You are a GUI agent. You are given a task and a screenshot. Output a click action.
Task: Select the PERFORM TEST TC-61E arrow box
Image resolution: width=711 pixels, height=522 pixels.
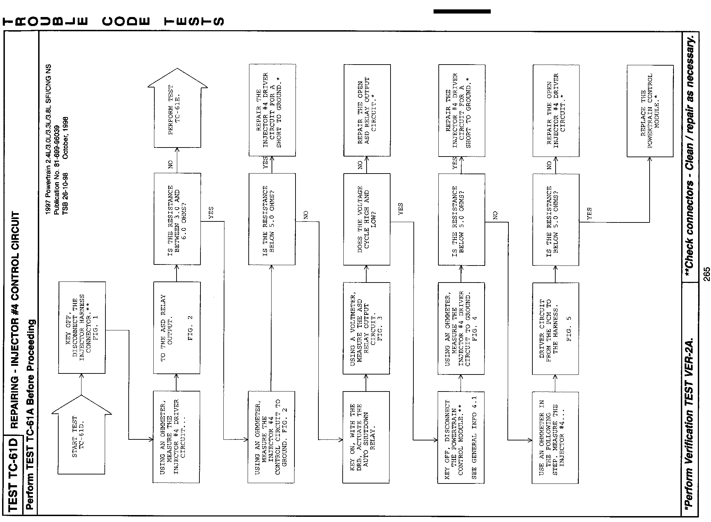pyautogui.click(x=177, y=111)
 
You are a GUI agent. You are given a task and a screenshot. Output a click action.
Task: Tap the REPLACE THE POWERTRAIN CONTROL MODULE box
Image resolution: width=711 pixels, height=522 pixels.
pyautogui.click(x=650, y=111)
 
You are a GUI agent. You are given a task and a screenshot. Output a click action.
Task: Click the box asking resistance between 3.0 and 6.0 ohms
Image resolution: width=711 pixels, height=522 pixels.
pyautogui.click(x=177, y=219)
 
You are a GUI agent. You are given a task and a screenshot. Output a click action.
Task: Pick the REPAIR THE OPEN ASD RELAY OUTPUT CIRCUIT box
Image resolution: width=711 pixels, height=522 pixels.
pyautogui.click(x=367, y=110)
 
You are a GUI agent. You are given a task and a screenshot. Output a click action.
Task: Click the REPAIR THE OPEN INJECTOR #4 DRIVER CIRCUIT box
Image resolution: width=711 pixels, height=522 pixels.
pyautogui.click(x=556, y=111)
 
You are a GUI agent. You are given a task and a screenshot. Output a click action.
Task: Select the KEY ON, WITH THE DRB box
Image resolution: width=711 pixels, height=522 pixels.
pyautogui.click(x=366, y=437)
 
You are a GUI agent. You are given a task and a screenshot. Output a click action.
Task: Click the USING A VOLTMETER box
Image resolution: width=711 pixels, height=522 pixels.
pyautogui.click(x=366, y=328)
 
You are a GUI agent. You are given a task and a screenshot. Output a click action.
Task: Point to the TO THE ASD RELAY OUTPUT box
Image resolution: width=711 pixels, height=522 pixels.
pyautogui.click(x=177, y=328)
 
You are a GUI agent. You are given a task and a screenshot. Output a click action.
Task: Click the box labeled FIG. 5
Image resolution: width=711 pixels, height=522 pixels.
pyautogui.click(x=556, y=328)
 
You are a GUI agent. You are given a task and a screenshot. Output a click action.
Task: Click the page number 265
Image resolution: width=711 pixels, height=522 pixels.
pyautogui.click(x=706, y=274)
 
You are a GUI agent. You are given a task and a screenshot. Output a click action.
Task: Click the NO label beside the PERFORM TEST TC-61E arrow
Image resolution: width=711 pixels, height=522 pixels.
pyautogui.click(x=171, y=165)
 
